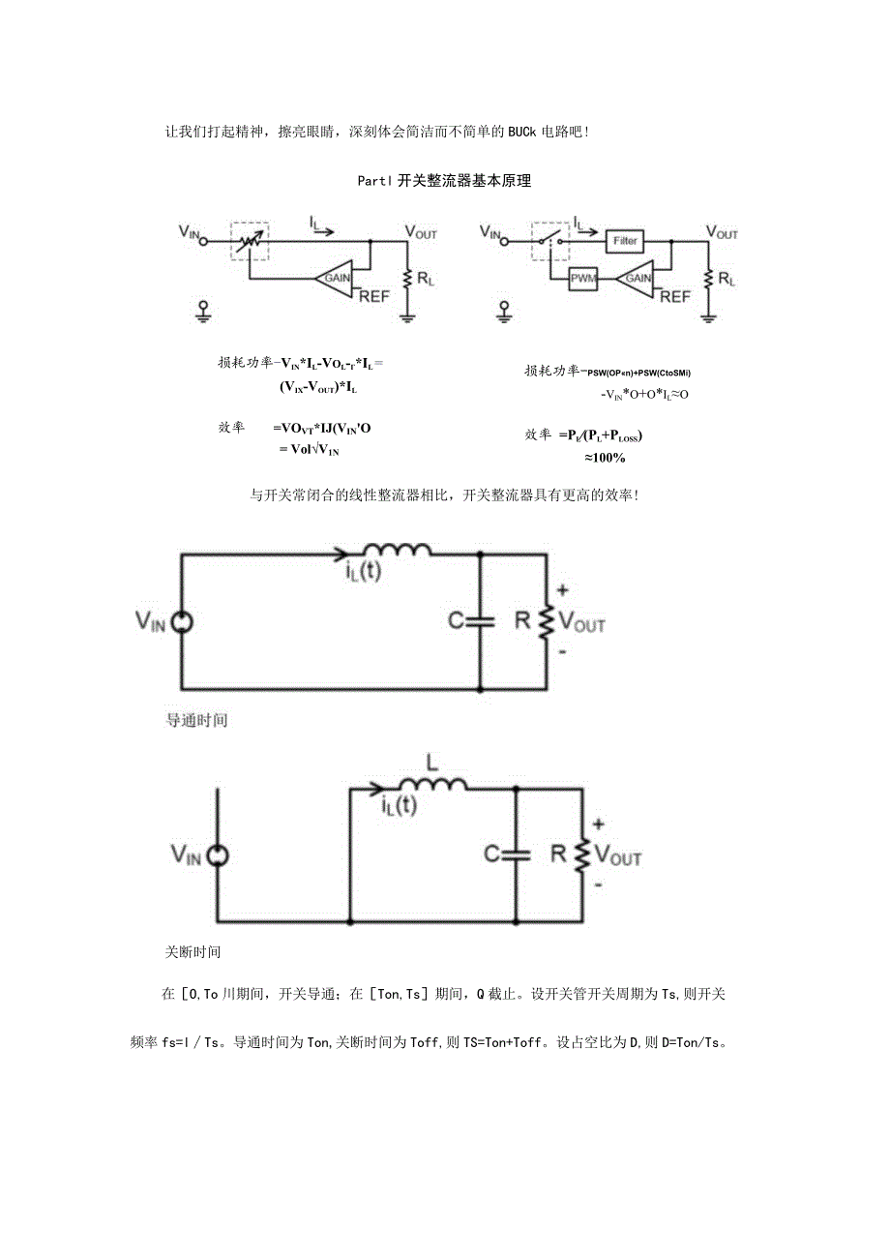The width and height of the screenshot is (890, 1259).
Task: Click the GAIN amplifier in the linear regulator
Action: pyautogui.click(x=337, y=277)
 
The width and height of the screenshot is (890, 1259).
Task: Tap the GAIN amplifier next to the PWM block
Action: pyautogui.click(x=638, y=278)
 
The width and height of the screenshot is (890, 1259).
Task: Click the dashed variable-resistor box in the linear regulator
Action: pyautogui.click(x=250, y=239)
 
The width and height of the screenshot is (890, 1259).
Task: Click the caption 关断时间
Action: pyautogui.click(x=193, y=951)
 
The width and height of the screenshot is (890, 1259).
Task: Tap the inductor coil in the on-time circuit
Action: pyautogui.click(x=406, y=551)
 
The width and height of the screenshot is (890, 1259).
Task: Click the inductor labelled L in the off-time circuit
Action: pyautogui.click(x=433, y=785)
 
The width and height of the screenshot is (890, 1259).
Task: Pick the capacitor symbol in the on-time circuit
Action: pyautogui.click(x=481, y=620)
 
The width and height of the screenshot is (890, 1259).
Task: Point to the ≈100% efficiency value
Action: pyautogui.click(x=604, y=457)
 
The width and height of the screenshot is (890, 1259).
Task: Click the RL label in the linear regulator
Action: pyautogui.click(x=426, y=279)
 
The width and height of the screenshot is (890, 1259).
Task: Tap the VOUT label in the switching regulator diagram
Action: pyautogui.click(x=722, y=233)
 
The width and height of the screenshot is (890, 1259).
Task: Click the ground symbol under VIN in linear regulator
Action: pyautogui.click(x=203, y=310)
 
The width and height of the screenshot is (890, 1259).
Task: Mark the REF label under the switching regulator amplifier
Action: pyautogui.click(x=675, y=297)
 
